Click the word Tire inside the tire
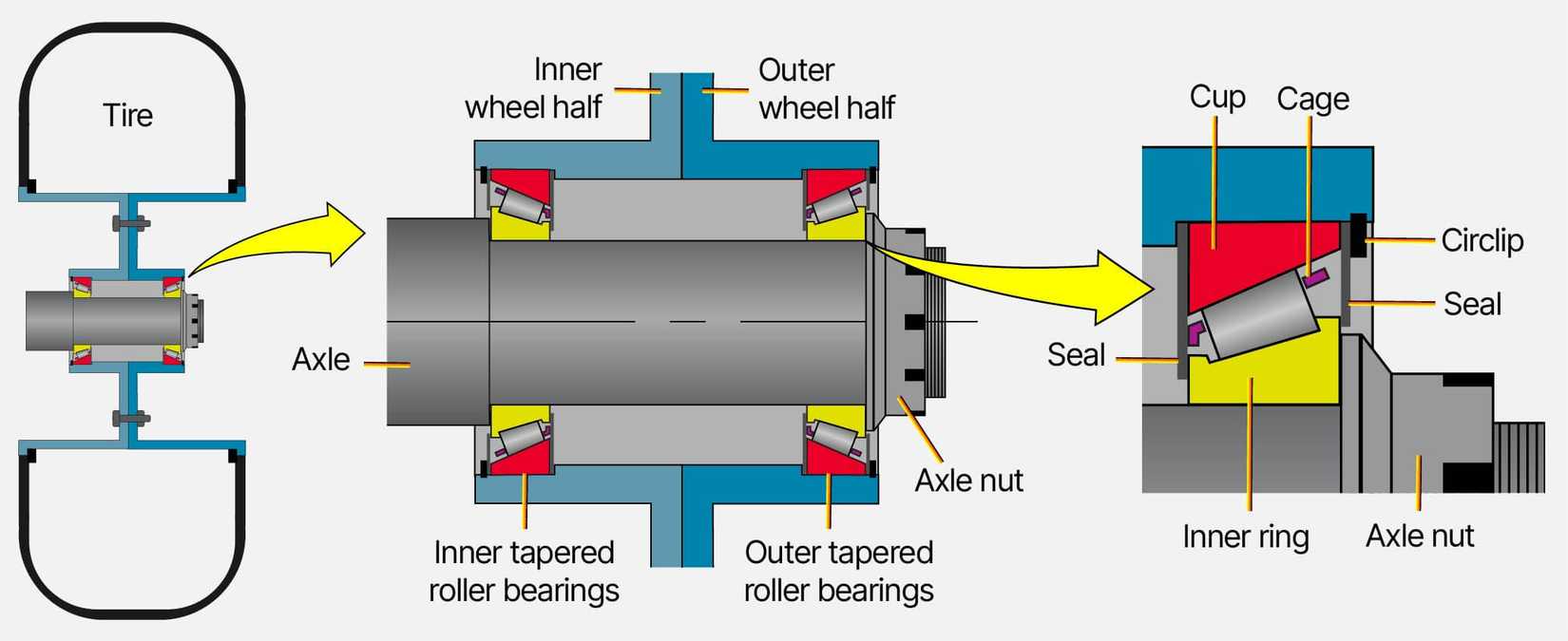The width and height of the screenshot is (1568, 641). [127, 115]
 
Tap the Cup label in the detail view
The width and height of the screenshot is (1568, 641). [1216, 97]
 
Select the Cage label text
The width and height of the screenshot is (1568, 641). [1312, 99]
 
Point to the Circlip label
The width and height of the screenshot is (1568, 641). [1482, 240]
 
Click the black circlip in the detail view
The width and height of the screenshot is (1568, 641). [1358, 235]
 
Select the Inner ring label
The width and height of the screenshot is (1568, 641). [1245, 537]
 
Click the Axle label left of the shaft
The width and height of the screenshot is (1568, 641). [321, 360]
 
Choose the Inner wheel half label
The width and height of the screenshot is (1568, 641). [533, 88]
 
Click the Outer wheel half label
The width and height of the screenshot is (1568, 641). [826, 88]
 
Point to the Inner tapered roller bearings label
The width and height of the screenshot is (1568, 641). [524, 571]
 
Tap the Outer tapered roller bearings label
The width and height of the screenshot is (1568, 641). [838, 571]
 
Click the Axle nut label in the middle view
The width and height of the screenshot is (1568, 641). [968, 481]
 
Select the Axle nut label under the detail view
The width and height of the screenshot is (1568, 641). [1420, 537]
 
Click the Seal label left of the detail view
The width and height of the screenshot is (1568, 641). [1076, 355]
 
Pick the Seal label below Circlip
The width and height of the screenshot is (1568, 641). [1472, 304]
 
